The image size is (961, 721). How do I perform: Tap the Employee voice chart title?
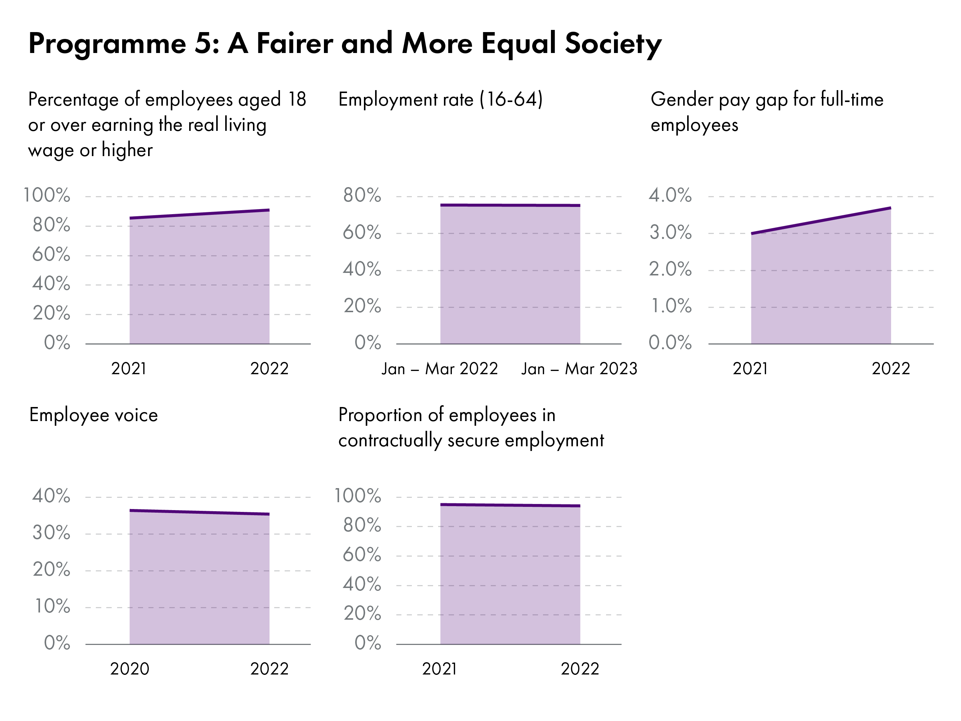coord(93,415)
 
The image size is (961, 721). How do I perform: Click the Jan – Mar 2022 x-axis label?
coord(440,369)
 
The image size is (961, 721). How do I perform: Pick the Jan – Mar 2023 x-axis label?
coord(579,369)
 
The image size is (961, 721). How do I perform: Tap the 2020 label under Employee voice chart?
coord(129,669)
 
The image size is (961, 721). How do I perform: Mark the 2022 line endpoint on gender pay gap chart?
coord(890,208)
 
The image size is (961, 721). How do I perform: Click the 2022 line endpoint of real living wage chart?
coord(269,210)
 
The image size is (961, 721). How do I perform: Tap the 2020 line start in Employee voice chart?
coord(130,511)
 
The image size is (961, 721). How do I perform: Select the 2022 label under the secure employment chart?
coord(579,669)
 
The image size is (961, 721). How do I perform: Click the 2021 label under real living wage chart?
coord(129,369)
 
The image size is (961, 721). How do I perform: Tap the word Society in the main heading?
coord(613,44)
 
